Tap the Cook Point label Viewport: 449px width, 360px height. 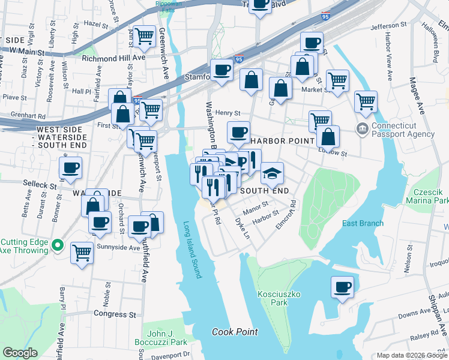235,332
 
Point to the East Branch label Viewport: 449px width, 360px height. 363,223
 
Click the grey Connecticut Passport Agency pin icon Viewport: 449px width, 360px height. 361,128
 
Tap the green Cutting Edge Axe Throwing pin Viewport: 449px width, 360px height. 57,245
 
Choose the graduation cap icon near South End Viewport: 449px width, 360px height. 272,174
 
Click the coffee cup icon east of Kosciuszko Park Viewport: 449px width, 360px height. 342,287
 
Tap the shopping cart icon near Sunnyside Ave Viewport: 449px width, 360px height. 82,252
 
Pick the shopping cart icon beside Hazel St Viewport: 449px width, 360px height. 144,37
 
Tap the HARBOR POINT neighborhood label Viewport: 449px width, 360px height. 282,141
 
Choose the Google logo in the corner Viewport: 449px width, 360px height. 20,353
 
